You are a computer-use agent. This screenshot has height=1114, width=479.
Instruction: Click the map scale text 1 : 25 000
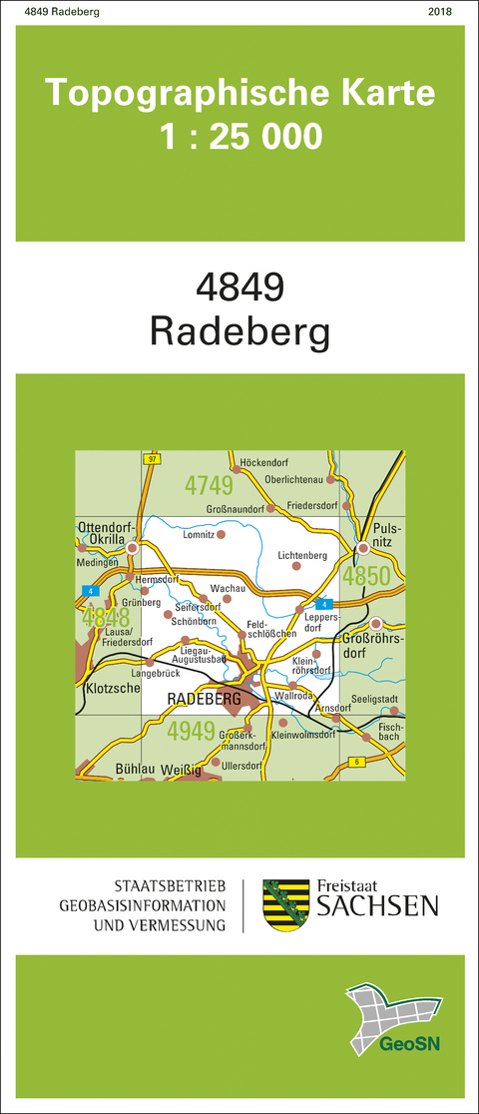point(240,136)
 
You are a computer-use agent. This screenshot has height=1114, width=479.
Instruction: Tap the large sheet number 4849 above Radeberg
point(240,287)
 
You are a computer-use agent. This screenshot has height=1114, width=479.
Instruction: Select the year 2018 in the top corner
point(439,12)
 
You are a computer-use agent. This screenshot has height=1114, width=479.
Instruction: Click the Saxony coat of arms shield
point(282,904)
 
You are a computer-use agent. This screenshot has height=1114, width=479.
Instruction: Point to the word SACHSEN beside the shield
point(377,906)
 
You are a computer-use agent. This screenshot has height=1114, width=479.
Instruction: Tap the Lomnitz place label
point(199,535)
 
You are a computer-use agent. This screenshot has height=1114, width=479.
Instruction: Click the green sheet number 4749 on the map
point(209,486)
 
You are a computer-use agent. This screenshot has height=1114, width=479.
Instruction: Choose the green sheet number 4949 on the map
point(192,731)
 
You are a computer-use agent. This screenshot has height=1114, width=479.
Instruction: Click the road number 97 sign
point(151,459)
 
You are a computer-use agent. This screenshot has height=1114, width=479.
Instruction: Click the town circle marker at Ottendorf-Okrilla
point(132,547)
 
